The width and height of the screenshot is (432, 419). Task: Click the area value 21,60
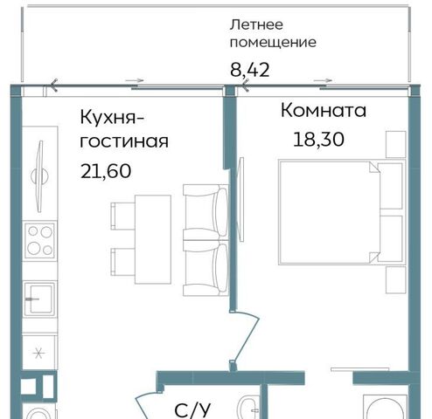click(x=106, y=171)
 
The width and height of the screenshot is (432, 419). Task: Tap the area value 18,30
click(x=318, y=140)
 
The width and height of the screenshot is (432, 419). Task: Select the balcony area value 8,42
click(x=250, y=70)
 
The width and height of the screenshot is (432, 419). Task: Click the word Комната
click(x=324, y=111)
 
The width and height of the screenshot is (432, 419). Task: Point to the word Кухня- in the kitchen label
click(x=112, y=118)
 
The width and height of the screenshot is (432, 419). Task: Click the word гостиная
click(x=124, y=141)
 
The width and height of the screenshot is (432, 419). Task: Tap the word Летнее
click(x=256, y=24)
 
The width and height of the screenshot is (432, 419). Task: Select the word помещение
click(x=273, y=43)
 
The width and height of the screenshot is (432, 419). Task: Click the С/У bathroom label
click(x=192, y=410)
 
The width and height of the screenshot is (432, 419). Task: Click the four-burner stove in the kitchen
click(x=39, y=241)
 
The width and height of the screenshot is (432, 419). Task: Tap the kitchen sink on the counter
click(x=39, y=299)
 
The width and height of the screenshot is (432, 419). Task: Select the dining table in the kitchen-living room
click(x=153, y=239)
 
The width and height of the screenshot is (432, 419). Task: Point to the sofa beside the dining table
click(x=206, y=240)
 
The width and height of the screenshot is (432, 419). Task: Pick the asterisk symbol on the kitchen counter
click(x=38, y=354)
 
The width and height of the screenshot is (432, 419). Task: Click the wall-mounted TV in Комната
click(x=241, y=199)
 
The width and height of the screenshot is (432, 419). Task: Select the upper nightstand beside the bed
click(x=396, y=144)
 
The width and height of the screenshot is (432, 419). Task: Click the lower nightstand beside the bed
click(x=396, y=280)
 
